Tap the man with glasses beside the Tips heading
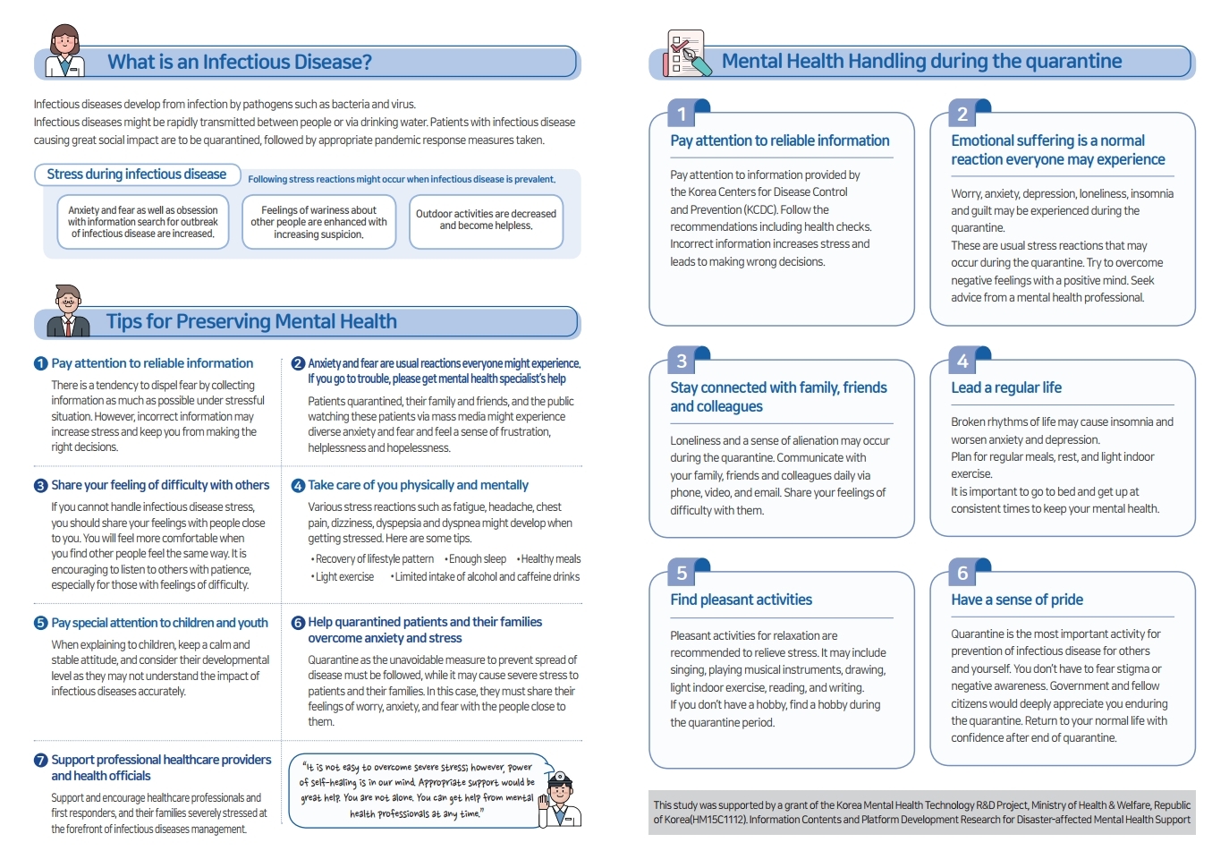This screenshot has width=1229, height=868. pos(68,311)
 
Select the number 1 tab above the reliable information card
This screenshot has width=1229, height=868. pos(682,114)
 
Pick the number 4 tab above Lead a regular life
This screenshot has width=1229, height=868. pos(963,361)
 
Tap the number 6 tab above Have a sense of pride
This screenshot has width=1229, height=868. pos(963,573)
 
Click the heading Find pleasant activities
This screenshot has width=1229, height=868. pos(741,600)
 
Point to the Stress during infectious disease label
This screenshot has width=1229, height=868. pos(136,174)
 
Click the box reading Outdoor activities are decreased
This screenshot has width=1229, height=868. pos(486,220)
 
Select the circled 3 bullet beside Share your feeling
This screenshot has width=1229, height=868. pos(40,486)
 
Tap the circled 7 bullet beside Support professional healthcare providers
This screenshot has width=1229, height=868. pos(40,761)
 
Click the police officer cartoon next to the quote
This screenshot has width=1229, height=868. pos(559,798)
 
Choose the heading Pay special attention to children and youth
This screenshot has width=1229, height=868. pos(159,623)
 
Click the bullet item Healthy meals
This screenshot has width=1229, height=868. pos(550,559)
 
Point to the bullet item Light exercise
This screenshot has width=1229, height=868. pos(344,577)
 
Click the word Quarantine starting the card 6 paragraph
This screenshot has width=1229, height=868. pos(978,634)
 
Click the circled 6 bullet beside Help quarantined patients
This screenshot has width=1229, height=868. pos(298,623)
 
